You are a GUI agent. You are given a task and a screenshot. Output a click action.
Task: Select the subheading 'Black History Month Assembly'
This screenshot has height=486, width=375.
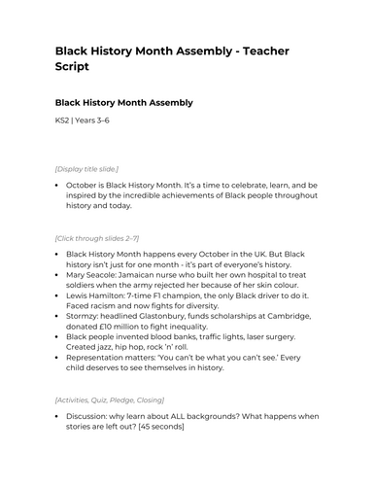pos(123,102)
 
